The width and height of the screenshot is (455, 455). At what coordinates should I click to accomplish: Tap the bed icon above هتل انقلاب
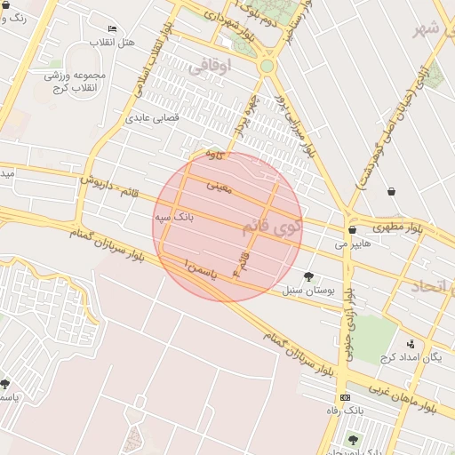(112, 29)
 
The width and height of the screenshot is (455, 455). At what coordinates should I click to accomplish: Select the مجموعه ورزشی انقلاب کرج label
(76, 81)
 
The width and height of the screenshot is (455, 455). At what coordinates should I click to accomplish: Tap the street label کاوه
(213, 154)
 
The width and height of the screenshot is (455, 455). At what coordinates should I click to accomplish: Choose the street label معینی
(218, 187)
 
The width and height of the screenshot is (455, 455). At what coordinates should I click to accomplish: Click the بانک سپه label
(174, 216)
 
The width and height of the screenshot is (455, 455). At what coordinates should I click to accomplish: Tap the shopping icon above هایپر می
(352, 229)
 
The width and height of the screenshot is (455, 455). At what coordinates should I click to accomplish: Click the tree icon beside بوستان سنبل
(308, 276)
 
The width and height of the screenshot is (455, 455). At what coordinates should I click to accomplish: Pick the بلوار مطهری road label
(406, 227)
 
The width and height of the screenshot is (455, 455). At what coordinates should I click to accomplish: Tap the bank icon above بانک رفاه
(345, 396)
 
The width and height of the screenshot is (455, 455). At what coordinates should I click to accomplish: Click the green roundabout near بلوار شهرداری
(267, 66)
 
